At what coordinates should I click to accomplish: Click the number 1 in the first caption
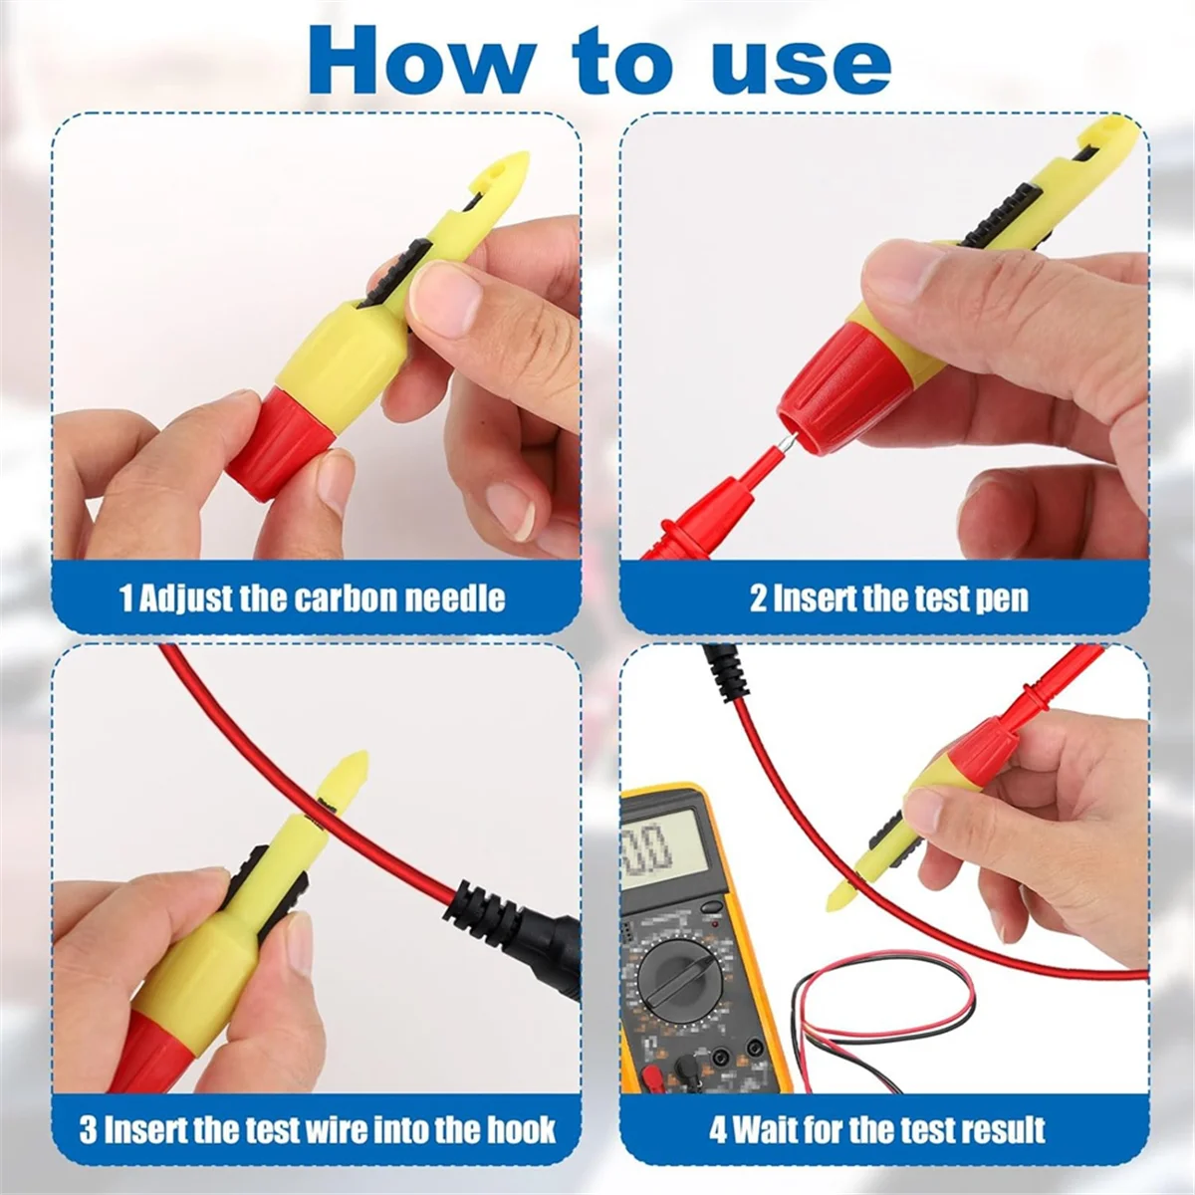tap(125, 598)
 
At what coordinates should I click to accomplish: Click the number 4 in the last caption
tap(718, 1130)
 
